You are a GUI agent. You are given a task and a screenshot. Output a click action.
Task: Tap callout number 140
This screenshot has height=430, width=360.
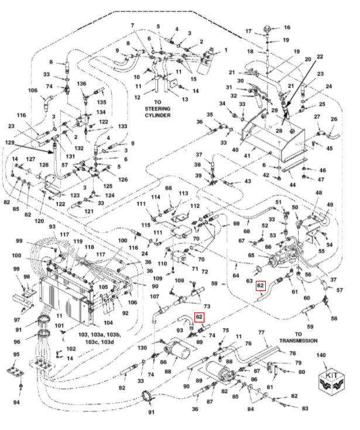click(x=321, y=355)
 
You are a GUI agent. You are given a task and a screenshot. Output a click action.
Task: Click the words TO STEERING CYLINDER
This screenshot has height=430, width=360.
click(x=157, y=109)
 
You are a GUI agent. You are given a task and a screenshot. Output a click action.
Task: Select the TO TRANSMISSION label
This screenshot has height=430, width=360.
click(x=299, y=338)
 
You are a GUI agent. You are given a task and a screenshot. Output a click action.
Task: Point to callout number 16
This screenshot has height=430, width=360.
click(x=287, y=27)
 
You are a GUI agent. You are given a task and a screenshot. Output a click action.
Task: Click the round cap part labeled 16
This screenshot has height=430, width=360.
click(x=268, y=29)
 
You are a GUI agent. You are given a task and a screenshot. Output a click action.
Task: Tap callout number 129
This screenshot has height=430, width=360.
click(x=9, y=143)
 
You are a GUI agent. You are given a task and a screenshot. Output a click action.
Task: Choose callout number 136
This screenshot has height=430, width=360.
click(x=81, y=83)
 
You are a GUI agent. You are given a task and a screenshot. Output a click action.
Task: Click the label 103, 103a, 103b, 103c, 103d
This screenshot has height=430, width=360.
click(x=100, y=338)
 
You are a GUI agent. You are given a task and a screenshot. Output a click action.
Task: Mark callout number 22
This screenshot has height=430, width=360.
click(x=320, y=57)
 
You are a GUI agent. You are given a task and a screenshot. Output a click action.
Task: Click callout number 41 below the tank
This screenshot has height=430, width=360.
click(x=247, y=156)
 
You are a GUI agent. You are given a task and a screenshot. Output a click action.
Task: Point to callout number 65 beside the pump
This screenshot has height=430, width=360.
click(x=251, y=255)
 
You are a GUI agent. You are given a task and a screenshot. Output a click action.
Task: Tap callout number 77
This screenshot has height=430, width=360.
click(x=261, y=332)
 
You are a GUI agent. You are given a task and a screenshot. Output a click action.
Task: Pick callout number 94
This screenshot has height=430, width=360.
click(x=16, y=402)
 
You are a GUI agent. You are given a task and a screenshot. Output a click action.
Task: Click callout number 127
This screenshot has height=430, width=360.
click(x=30, y=159)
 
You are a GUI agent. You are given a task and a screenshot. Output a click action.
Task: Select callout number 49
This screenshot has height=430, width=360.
click(x=330, y=205)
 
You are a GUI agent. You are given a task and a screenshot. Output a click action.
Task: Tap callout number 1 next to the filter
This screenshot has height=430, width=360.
click(x=225, y=50)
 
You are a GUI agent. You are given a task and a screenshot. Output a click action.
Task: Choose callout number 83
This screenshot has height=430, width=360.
click(x=305, y=408)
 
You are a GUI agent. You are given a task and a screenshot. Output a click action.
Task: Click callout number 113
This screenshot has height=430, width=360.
click(x=183, y=193)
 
